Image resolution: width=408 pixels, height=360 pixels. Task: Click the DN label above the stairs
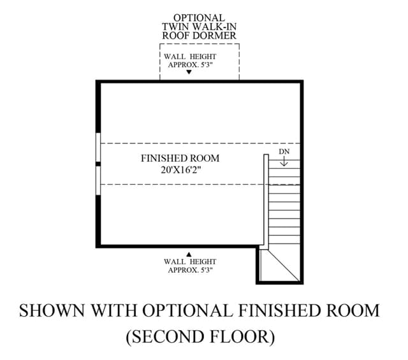[284, 152]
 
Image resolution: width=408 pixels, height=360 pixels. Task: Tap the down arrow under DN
[284, 162]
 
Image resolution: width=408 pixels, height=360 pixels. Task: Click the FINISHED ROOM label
[180, 158]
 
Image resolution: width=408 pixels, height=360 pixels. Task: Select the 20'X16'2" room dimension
[181, 170]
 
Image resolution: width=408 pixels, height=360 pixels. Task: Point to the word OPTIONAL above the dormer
[199, 18]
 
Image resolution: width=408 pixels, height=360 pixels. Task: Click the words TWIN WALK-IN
[200, 27]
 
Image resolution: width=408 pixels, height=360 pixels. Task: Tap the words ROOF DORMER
[200, 36]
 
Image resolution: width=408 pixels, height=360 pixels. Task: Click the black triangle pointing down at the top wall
[189, 72]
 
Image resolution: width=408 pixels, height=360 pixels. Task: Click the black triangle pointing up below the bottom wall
[189, 254]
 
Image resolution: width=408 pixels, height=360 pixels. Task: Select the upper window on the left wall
[98, 147]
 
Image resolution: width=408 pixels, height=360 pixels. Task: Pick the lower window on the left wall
[98, 180]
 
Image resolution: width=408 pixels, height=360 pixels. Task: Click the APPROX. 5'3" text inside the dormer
[191, 65]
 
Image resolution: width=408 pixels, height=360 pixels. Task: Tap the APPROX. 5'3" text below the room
[191, 270]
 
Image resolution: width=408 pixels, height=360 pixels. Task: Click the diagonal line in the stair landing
[284, 265]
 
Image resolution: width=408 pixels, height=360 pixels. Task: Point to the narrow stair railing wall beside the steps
[266, 201]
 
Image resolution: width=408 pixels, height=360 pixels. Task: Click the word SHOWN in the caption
[52, 310]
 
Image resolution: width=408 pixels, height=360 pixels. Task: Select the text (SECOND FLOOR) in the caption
[200, 336]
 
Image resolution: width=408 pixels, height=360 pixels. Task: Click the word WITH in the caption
[115, 310]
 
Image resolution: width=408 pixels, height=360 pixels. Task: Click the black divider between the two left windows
[98, 164]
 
